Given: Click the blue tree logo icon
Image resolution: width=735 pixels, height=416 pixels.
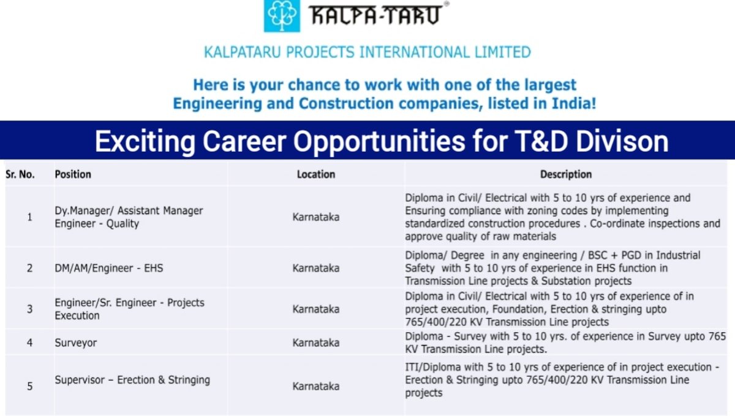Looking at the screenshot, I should (282, 16).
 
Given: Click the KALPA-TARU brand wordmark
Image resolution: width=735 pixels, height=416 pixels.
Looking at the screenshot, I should (374, 15).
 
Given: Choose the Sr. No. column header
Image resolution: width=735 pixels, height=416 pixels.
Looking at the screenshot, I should (20, 174).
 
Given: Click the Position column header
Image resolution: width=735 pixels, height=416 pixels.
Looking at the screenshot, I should (73, 174).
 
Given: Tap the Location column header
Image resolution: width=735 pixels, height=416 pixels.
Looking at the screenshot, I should (316, 174).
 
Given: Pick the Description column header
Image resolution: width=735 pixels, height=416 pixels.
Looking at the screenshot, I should (566, 174).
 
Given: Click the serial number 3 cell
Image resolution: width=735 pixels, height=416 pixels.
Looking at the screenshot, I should (29, 309).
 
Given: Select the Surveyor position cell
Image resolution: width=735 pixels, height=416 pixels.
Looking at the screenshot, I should (76, 343).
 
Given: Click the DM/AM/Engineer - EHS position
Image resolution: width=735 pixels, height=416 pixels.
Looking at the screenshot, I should (109, 268).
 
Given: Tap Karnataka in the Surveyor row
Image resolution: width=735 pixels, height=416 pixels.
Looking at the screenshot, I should (316, 343).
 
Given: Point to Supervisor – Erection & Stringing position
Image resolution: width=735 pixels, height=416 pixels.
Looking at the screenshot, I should (132, 380).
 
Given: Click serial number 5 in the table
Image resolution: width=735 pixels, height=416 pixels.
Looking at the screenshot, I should (29, 386).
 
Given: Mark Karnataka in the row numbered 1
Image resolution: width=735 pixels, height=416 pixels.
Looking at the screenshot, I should (316, 217).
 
